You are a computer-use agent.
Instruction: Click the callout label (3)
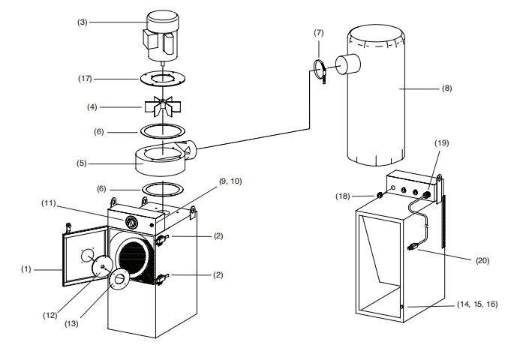pos(83,22)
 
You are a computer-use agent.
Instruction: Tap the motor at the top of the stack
pos(161,36)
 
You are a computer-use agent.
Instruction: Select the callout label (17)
pos(85,79)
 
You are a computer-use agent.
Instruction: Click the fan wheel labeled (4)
pos(163,106)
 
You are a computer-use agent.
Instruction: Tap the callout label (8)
pos(446,88)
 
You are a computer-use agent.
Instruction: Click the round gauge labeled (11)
pos(131,223)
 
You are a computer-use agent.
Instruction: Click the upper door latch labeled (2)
pos(161,240)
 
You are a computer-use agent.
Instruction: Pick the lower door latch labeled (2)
pos(161,280)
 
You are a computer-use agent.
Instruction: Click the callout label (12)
pos(50,316)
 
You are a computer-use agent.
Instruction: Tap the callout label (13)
pos(71,324)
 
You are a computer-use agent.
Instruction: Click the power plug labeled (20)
pos(413,246)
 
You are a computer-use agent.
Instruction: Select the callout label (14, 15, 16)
pos(477,304)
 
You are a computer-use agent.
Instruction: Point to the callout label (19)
pos(441,143)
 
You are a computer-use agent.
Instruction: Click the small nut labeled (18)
pos(380,196)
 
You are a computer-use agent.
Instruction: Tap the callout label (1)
pos(26,269)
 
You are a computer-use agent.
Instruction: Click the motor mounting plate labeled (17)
pos(164,79)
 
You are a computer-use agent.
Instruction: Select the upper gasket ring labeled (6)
pos(163,131)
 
